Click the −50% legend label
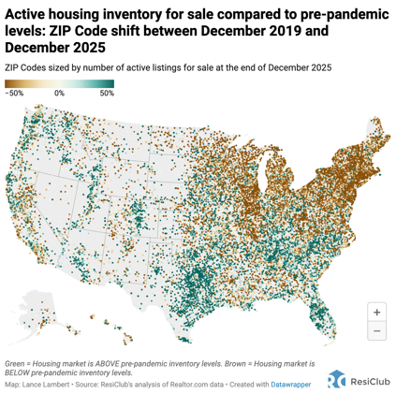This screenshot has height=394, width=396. (14, 94)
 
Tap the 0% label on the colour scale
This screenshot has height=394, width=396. (59, 94)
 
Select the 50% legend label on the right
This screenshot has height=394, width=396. (106, 94)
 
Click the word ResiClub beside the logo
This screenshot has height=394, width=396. (369, 380)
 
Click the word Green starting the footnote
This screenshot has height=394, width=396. (16, 362)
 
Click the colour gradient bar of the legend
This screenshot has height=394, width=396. (59, 84)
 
